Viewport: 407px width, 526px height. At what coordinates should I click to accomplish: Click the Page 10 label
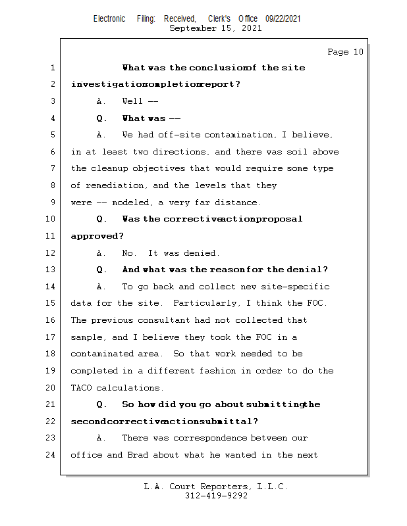345,52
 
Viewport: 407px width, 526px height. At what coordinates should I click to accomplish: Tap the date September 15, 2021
215,28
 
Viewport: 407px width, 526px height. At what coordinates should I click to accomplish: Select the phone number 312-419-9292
216,496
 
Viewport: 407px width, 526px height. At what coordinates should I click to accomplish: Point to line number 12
52,253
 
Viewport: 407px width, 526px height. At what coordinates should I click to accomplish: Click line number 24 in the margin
52,455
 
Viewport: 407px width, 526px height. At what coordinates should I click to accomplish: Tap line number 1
52,68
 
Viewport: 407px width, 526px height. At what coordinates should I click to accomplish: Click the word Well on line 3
132,101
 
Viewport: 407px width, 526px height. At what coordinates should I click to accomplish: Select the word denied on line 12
203,253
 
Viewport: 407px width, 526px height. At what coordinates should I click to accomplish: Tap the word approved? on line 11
97,236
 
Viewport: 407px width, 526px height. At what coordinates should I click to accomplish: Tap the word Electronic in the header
109,18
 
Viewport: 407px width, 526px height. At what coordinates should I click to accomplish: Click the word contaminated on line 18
101,354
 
